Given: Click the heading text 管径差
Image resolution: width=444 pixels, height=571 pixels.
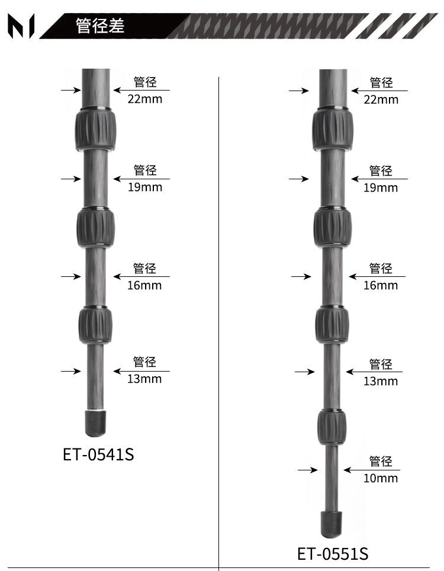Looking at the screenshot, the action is (x=100, y=25).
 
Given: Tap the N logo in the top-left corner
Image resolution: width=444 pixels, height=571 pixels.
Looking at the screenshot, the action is (x=21, y=26).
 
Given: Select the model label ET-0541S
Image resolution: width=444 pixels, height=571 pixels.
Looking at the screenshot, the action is (x=98, y=454).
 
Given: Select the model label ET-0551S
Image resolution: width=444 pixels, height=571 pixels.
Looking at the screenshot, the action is (x=333, y=554).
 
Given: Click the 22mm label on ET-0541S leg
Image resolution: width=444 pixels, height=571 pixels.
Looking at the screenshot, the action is (x=144, y=99).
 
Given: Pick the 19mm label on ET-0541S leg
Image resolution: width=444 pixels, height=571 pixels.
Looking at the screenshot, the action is (x=144, y=187).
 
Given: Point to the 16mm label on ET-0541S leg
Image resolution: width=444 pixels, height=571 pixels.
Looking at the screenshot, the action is (x=144, y=285).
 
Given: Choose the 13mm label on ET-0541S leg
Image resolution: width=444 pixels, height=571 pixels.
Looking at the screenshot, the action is (x=144, y=379).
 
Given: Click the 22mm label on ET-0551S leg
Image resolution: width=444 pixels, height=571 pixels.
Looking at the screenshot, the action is (x=381, y=100).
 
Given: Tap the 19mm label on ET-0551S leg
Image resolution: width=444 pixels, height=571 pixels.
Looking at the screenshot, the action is (x=381, y=188).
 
